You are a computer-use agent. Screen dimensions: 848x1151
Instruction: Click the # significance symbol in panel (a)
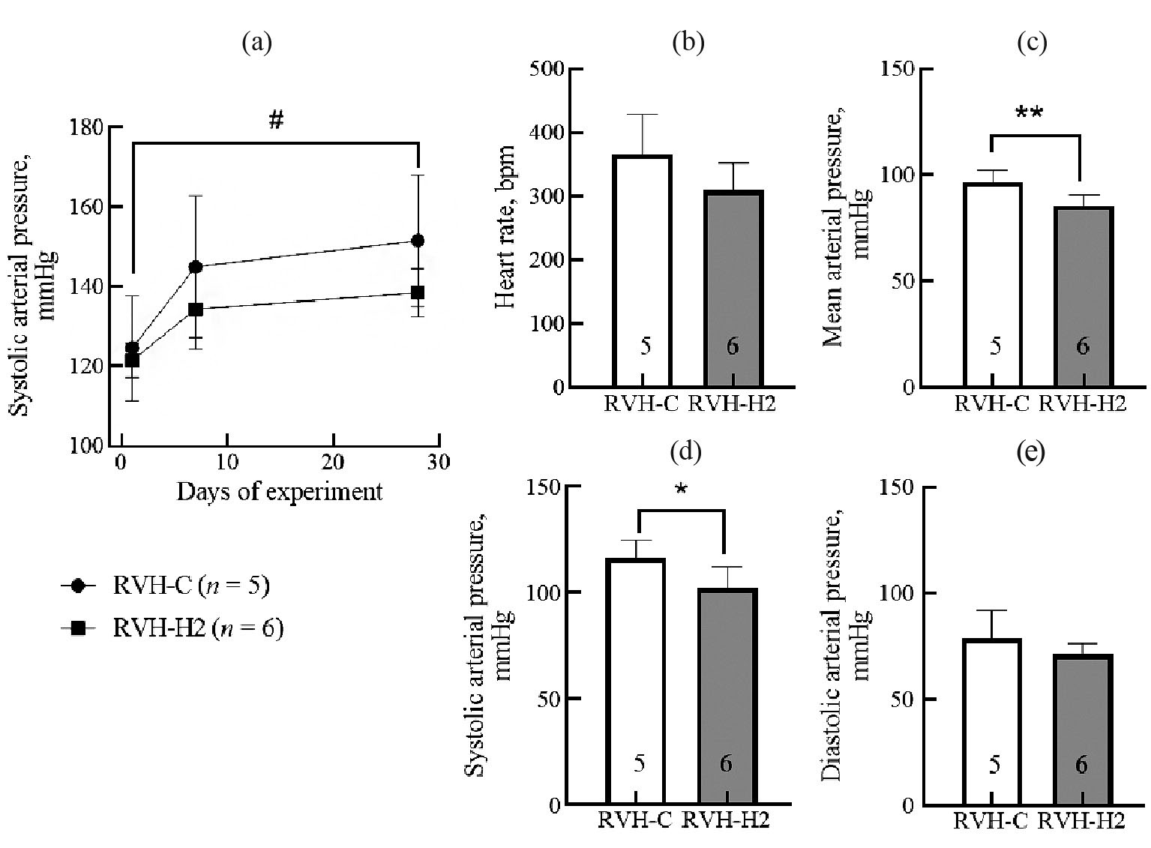(276, 119)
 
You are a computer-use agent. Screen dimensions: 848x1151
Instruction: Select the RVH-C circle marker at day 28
(418, 241)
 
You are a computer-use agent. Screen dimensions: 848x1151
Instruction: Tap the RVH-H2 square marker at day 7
(196, 309)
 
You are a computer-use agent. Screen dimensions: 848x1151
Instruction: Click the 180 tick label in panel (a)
(86, 127)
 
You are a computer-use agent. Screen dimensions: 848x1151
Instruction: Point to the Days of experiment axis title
(280, 493)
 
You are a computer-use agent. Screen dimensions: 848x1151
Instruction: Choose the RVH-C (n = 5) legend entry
(190, 586)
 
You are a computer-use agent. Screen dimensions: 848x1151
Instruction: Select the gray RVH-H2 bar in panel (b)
(733, 289)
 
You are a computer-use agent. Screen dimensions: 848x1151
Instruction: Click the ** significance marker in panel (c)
(1029, 115)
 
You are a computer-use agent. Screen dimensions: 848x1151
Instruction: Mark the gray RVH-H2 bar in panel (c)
(1083, 296)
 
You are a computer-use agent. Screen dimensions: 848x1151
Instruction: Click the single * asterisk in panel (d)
(681, 490)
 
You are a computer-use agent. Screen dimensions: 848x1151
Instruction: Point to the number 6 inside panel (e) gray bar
(1081, 765)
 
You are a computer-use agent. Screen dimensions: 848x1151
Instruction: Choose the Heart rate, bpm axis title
(506, 228)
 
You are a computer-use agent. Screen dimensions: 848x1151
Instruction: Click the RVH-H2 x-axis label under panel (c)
(1083, 404)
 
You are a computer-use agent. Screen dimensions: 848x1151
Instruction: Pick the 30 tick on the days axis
(439, 462)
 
